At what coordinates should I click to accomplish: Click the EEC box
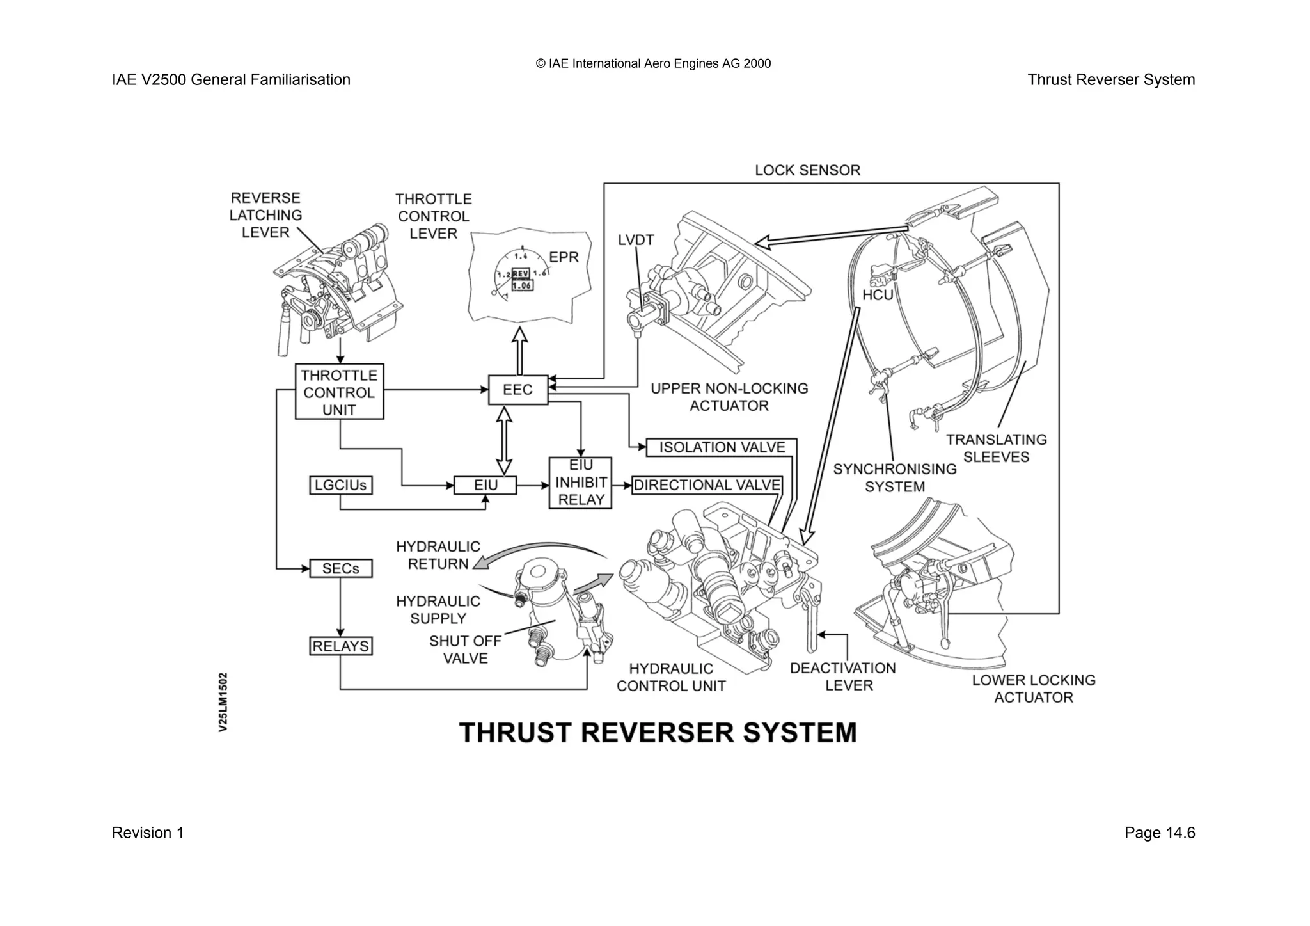click(x=518, y=390)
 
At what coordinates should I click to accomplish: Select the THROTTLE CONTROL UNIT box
click(x=339, y=392)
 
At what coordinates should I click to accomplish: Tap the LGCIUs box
click(x=340, y=485)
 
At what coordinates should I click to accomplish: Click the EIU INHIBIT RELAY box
click(x=580, y=483)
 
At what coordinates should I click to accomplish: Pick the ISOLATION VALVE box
click(x=722, y=447)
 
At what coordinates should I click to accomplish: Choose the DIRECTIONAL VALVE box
click(x=707, y=485)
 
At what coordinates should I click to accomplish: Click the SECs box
click(x=340, y=568)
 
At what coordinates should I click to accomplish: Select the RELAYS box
click(x=340, y=646)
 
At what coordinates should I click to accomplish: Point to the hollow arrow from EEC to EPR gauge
click(x=519, y=350)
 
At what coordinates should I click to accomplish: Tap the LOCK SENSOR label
click(x=807, y=170)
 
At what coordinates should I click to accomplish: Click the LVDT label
click(x=636, y=240)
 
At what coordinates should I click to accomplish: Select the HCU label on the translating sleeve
click(x=878, y=295)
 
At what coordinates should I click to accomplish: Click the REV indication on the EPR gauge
click(x=521, y=273)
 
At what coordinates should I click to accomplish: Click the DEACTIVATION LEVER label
click(x=843, y=676)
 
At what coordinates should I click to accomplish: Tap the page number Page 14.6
click(x=1159, y=833)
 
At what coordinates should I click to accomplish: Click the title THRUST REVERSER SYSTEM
click(x=658, y=733)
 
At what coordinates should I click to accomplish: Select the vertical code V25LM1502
click(x=223, y=701)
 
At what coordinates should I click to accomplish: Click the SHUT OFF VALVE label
click(x=465, y=649)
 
